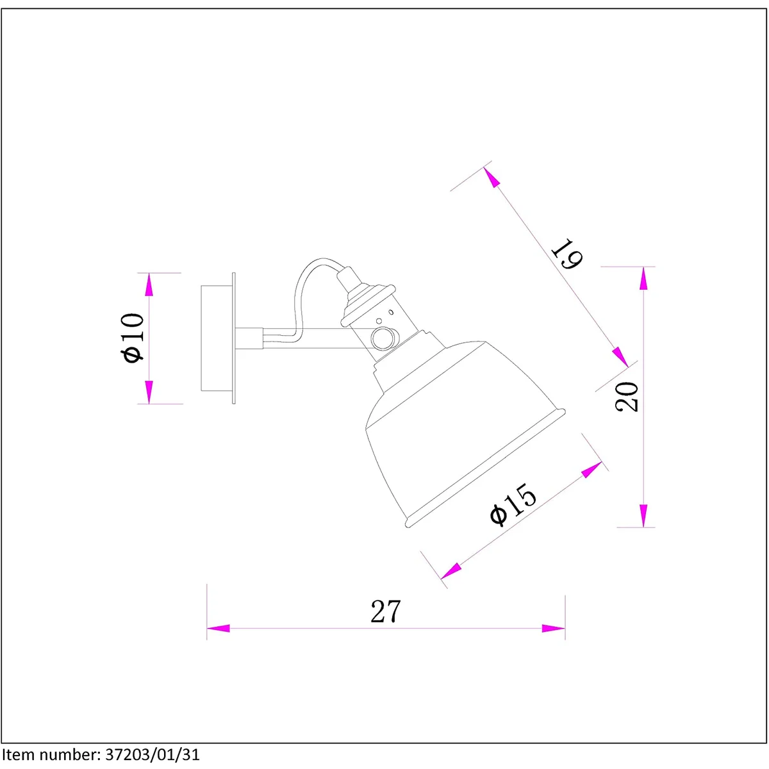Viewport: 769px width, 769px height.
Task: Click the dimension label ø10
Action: click(133, 338)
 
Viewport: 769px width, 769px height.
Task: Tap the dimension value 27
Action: click(385, 611)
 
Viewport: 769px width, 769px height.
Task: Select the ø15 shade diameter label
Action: click(513, 506)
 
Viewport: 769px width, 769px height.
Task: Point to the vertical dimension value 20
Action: click(627, 397)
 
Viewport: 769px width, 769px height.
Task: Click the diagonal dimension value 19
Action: click(567, 253)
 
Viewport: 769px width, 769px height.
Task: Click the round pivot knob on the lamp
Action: click(383, 338)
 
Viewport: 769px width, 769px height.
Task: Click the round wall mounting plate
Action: click(218, 338)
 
